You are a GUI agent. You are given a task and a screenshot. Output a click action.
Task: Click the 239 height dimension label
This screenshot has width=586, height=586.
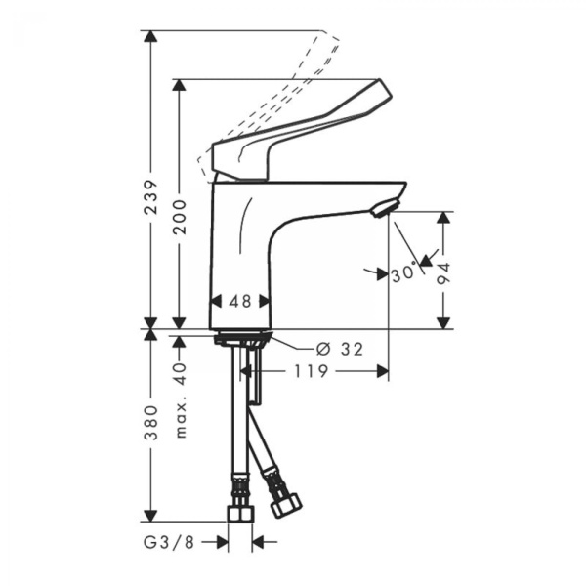149,201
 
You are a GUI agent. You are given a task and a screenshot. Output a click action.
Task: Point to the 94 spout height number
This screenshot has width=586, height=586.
444,270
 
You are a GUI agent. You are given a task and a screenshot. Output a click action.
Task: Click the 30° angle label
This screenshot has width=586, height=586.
402,273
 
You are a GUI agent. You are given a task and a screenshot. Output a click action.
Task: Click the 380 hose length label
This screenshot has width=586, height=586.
149,423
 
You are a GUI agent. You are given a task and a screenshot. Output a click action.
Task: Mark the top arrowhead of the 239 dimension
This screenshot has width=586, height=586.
149,37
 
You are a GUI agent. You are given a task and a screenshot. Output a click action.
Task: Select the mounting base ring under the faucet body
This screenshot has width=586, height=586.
241,340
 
